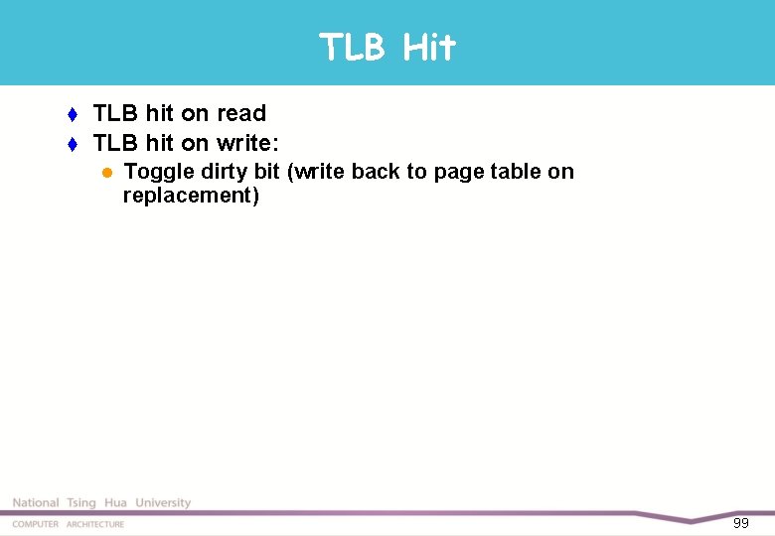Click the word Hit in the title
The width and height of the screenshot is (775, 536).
(x=430, y=47)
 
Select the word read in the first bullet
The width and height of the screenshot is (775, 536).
(x=241, y=113)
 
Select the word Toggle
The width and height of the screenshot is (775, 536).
(x=158, y=172)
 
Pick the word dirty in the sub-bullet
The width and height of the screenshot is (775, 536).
(x=225, y=172)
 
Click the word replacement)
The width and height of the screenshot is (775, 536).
(x=191, y=195)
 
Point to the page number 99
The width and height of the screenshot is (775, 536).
(x=740, y=523)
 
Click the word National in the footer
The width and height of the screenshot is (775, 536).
(x=36, y=503)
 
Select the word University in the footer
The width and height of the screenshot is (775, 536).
(x=163, y=503)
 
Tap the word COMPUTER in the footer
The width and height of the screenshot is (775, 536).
(x=36, y=524)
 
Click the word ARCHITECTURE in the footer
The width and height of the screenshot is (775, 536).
(x=95, y=524)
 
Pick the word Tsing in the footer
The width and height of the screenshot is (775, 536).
(x=81, y=503)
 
